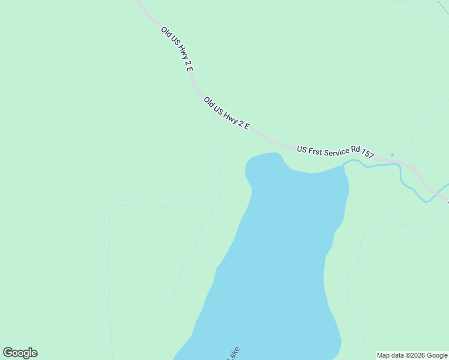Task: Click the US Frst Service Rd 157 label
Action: (335, 152)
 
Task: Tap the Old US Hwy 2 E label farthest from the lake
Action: (176, 49)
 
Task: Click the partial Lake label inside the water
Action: (232, 353)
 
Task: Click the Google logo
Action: (20, 353)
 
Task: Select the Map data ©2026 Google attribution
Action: (412, 355)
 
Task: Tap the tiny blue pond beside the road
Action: (392, 155)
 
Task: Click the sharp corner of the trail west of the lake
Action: (110, 206)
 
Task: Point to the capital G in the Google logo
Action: (8, 353)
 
